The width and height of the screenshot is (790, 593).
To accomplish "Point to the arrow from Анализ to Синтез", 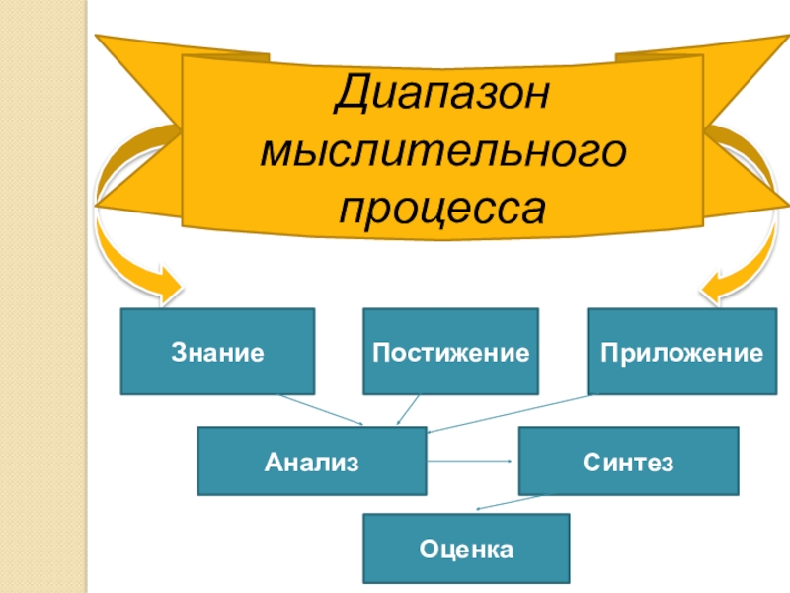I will [x=468, y=462].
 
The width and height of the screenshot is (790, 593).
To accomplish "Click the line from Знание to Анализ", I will [x=321, y=410].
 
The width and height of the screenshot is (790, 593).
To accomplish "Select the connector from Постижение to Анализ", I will [x=408, y=410].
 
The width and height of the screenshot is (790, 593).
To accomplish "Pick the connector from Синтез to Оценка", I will [x=510, y=502].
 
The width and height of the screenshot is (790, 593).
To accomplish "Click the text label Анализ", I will [x=311, y=462].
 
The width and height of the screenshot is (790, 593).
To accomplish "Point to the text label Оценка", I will [x=466, y=548].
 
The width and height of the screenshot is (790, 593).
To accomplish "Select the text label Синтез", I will [x=628, y=462].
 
